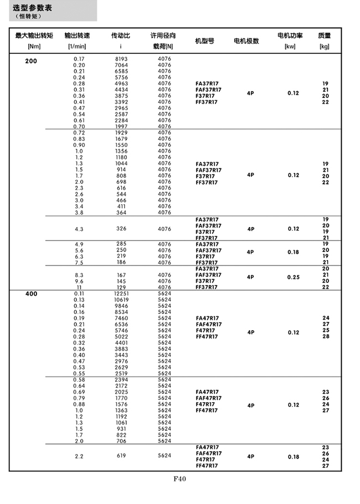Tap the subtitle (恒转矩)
28,16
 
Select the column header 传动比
121,36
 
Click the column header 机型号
205,42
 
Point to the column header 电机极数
246,42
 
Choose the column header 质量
325,36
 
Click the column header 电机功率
290,36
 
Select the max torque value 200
31,61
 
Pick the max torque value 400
31,294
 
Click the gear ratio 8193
121,59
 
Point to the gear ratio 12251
121,294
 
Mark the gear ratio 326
121,229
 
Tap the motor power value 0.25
293,277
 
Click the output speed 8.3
79,275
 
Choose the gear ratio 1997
121,127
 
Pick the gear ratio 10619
121,300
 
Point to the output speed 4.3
79,229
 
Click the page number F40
179,480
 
